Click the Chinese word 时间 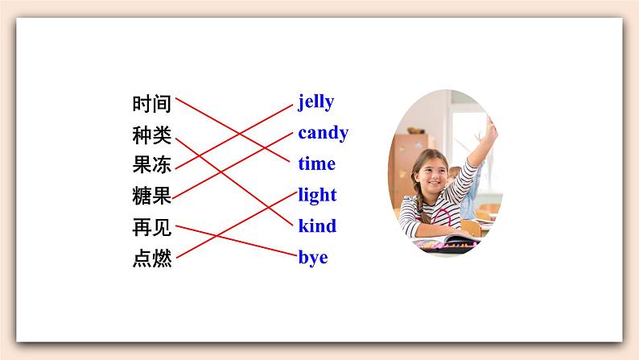click(x=152, y=104)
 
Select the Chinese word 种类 click(x=152, y=134)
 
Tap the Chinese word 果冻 click(x=152, y=165)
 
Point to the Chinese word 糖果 click(x=152, y=196)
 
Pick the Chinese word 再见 click(x=152, y=228)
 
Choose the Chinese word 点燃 click(x=152, y=259)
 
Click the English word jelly click(x=315, y=102)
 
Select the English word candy click(x=323, y=133)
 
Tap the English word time click(x=316, y=163)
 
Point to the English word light click(x=317, y=195)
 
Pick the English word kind click(x=317, y=226)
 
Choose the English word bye click(x=313, y=259)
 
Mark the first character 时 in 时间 click(x=142, y=104)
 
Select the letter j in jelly click(x=302, y=103)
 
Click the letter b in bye click(x=303, y=258)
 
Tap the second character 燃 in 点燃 click(x=162, y=259)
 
